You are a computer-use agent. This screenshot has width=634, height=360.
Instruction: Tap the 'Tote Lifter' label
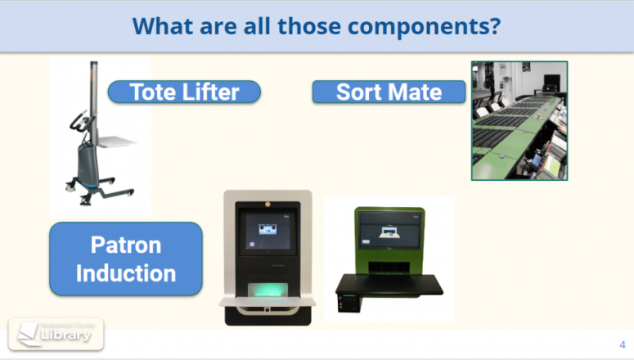[x=184, y=92]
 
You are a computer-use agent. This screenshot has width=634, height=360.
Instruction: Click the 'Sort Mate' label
[x=389, y=92]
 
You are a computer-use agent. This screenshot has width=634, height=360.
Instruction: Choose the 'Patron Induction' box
[x=126, y=259]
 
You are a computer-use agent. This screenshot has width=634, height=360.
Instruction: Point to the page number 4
[x=622, y=344]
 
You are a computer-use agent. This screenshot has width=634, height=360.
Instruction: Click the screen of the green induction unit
[x=389, y=232]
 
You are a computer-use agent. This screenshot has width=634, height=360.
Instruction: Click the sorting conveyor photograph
[x=519, y=120]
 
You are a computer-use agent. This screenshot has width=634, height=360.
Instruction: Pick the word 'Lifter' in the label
[x=212, y=92]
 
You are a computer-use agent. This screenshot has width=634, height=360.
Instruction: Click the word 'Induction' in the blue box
[x=126, y=272]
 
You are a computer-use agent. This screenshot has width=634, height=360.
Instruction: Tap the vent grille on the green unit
[x=389, y=263]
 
